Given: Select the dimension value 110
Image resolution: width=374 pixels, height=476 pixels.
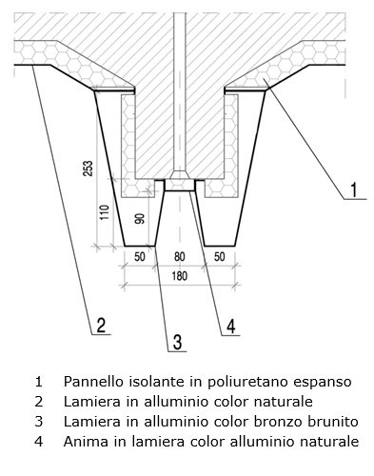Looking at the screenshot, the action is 105,212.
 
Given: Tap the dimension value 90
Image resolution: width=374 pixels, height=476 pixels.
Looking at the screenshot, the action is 140,219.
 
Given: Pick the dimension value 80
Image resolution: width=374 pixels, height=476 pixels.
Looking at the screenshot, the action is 180,256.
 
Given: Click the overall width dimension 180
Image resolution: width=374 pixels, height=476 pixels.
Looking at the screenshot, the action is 180,276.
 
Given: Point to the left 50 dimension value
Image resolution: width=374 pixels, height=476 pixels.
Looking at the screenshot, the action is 140,256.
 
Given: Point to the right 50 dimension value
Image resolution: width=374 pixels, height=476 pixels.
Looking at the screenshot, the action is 220,256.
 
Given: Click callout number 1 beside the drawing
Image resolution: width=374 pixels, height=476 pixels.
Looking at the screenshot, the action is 353,189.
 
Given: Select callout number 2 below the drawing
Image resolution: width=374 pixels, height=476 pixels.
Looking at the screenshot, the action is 101,326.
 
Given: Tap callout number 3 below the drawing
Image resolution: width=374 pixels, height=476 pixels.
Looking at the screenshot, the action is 177,342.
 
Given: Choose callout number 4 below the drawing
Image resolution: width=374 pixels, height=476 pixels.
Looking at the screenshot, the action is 230,326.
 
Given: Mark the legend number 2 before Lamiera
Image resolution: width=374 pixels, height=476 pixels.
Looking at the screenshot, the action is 39,402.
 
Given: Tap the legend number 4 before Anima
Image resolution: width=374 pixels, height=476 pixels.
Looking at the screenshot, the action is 39,442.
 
